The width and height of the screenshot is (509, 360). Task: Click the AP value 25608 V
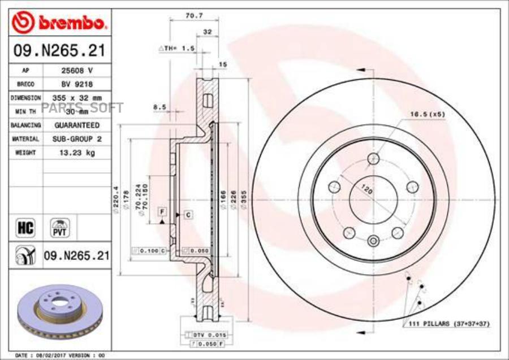pos(76,71)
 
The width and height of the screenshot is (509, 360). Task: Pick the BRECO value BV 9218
pos(76,84)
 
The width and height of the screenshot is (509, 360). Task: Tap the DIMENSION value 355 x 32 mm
pos(76,98)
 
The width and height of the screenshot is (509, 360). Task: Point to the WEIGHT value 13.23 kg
pos(76,152)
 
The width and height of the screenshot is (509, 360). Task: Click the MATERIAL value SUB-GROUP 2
pos(76,138)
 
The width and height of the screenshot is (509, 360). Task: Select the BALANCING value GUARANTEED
pos(76,125)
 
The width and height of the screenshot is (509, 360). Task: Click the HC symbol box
pos(26,228)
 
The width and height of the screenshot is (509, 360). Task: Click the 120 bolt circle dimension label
pos(368,191)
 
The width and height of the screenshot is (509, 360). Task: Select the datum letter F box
pos(162,211)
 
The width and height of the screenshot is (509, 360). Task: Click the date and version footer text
pos(59,354)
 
